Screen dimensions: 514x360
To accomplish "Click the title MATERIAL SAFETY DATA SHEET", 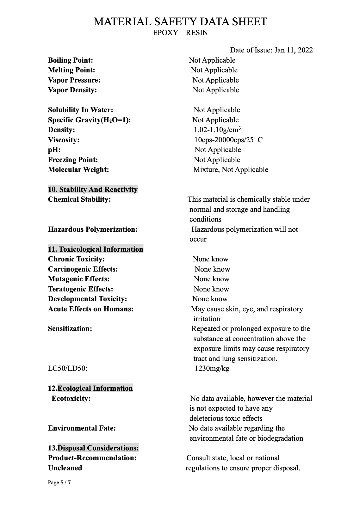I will tap(180, 21).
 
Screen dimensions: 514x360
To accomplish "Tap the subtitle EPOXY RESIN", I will tap(180, 33).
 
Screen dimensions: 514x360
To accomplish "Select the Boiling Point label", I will tap(71, 60).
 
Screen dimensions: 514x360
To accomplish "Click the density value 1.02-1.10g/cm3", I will tap(217, 130).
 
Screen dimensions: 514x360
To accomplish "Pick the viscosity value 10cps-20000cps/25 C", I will tap(228, 140).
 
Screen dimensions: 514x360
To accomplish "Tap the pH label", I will tap(54, 150).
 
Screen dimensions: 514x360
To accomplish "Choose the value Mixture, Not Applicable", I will tap(231, 169).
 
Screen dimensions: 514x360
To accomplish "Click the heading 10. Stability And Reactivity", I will tap(93, 189).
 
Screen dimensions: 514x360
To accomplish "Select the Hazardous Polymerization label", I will tap(93, 229).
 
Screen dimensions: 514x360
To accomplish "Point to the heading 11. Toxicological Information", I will tap(96, 249).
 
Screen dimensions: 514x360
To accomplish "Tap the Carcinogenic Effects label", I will tap(83, 269).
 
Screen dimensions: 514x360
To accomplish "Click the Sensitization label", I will tap(70, 329).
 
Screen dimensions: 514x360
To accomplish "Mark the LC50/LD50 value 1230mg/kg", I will tap(212, 368).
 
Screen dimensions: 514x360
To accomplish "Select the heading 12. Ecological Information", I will tap(90, 388).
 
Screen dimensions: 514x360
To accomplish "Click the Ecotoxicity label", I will tap(71, 398).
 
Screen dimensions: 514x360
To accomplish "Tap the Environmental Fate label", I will tap(82, 428).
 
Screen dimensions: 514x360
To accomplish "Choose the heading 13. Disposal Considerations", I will tap(93, 448).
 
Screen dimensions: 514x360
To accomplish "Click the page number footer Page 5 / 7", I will tap(59, 482).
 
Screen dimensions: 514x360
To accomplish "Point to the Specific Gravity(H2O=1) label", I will tap(89, 120).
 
